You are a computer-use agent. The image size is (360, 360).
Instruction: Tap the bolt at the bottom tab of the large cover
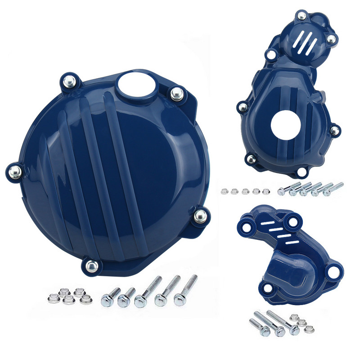click(91, 266)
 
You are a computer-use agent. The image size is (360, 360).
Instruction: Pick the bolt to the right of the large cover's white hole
click(176, 94)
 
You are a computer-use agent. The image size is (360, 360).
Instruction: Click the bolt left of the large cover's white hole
click(70, 81)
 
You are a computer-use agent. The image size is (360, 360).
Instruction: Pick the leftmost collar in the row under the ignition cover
click(224, 191)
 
